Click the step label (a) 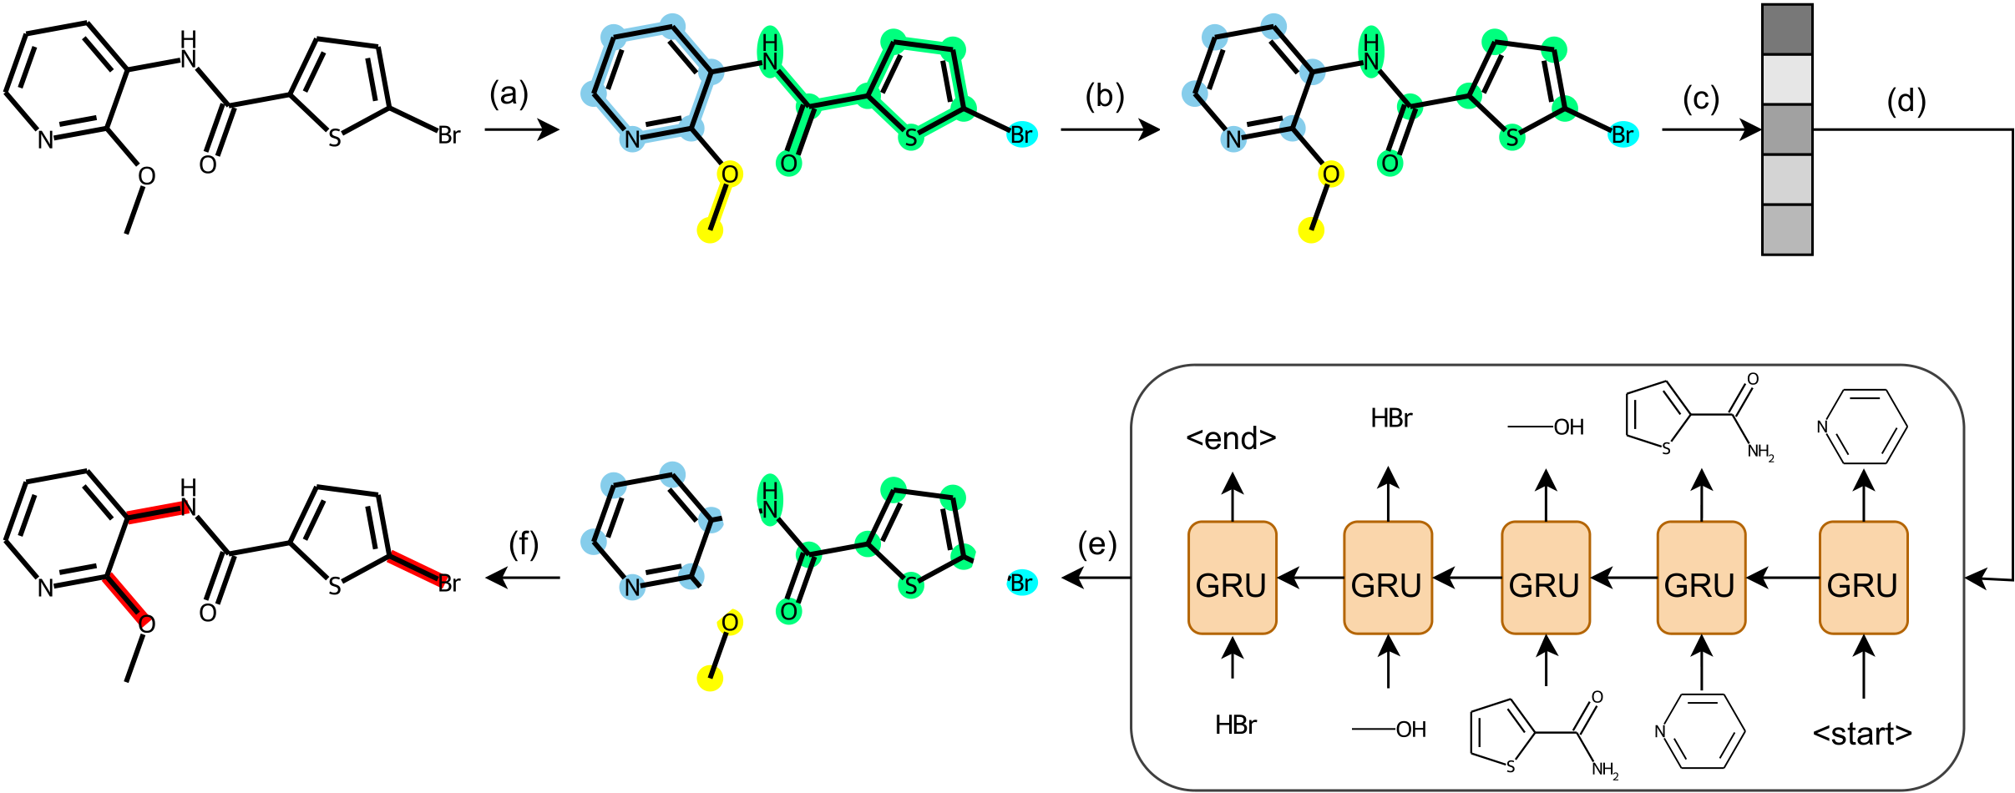coord(509,93)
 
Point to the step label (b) coord(1104,96)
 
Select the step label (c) coord(1701,98)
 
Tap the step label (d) coord(1906,102)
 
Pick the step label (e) coord(1096,544)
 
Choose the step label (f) coord(524,544)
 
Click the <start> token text coord(1862,734)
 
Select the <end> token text coord(1231,437)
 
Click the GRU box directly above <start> coord(1863,578)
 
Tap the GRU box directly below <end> coord(1232,578)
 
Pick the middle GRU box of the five coord(1545,578)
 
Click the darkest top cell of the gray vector coord(1787,30)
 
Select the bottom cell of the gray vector coord(1787,230)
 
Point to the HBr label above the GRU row coord(1391,418)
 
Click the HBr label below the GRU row coord(1236,725)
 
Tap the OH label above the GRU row coord(1567,427)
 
